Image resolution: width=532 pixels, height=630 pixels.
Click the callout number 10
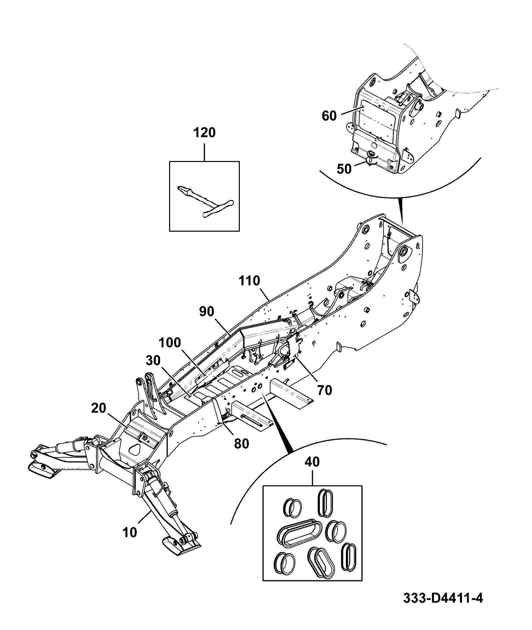[130, 532]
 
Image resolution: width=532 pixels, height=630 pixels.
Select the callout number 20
[98, 408]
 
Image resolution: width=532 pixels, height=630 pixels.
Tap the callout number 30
[153, 361]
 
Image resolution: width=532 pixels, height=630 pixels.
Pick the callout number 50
[344, 169]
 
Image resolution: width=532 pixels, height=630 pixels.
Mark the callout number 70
[325, 390]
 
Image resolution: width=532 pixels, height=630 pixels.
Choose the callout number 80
[241, 444]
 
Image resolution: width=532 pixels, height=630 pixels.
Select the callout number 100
[170, 343]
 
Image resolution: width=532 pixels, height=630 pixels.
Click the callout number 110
[249, 281]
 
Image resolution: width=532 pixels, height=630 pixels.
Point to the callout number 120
[204, 133]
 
